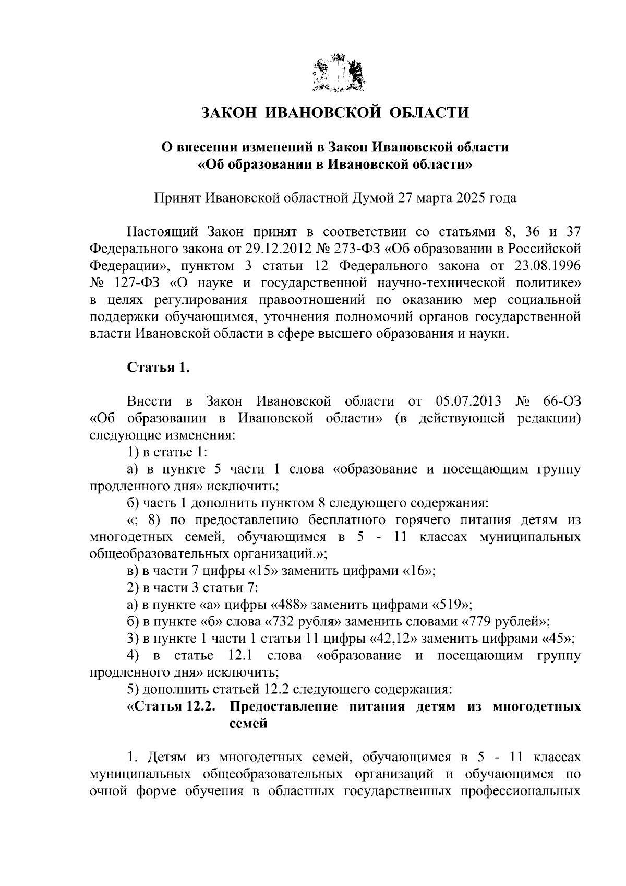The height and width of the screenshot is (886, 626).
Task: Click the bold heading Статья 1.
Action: point(158,368)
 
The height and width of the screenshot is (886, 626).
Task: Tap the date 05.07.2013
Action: point(467,401)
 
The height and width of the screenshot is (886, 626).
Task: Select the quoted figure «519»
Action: point(451,605)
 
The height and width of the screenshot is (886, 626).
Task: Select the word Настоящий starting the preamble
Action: point(162,232)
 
